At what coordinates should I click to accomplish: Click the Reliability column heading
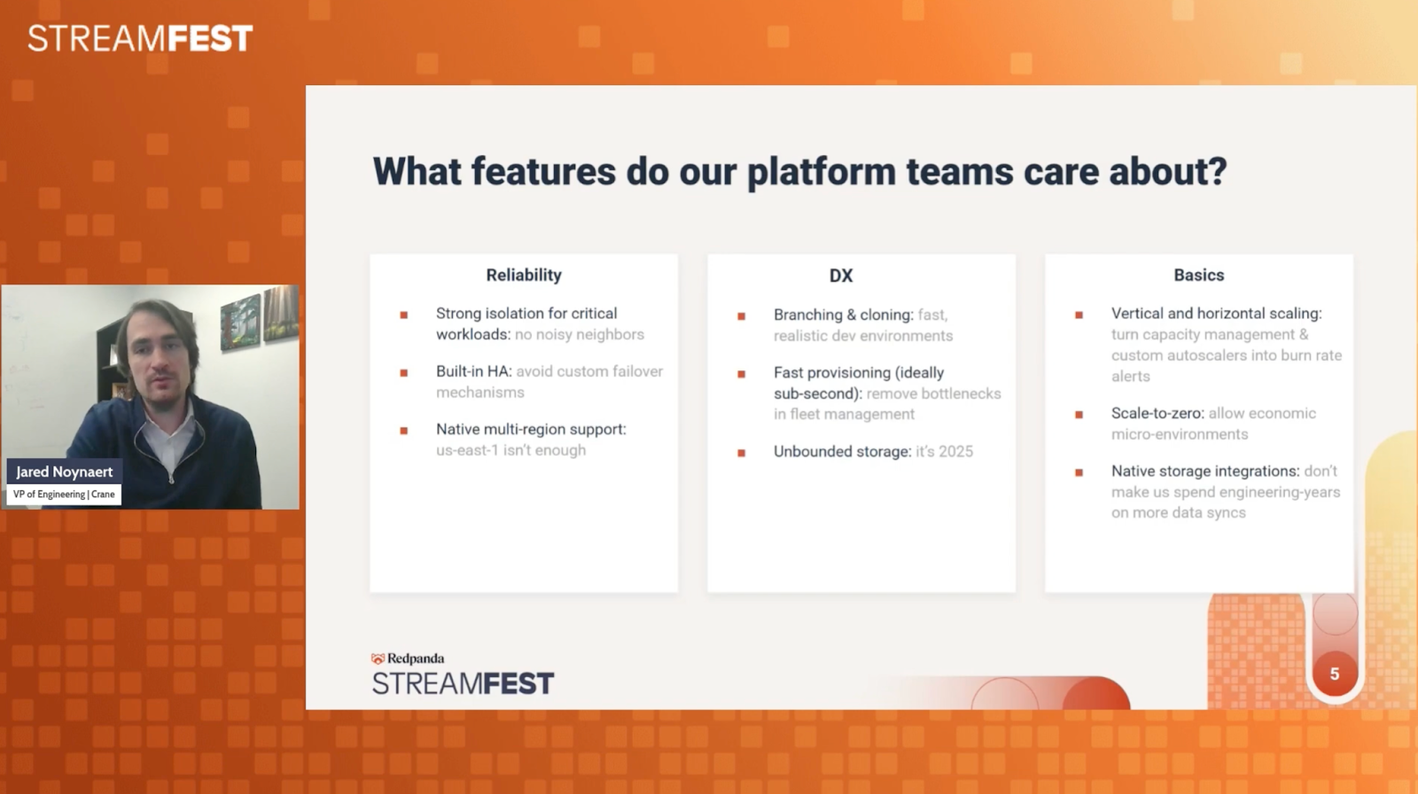pyautogui.click(x=524, y=276)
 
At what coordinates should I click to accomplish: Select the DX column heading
pyautogui.click(x=841, y=276)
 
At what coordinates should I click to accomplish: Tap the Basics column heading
pyautogui.click(x=1199, y=275)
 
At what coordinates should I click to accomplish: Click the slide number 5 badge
pyautogui.click(x=1335, y=673)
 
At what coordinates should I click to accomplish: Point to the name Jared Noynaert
pyautogui.click(x=65, y=471)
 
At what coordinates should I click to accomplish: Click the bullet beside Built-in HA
pyautogui.click(x=404, y=373)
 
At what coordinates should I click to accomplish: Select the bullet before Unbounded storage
pyautogui.click(x=741, y=453)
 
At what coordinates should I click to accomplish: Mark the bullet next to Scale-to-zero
pyautogui.click(x=1079, y=415)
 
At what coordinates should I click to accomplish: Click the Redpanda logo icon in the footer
pyautogui.click(x=378, y=658)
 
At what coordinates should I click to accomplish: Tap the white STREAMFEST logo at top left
pyautogui.click(x=141, y=38)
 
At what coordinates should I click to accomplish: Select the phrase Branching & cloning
pyautogui.click(x=843, y=315)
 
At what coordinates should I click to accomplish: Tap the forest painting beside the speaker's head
pyautogui.click(x=240, y=323)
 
